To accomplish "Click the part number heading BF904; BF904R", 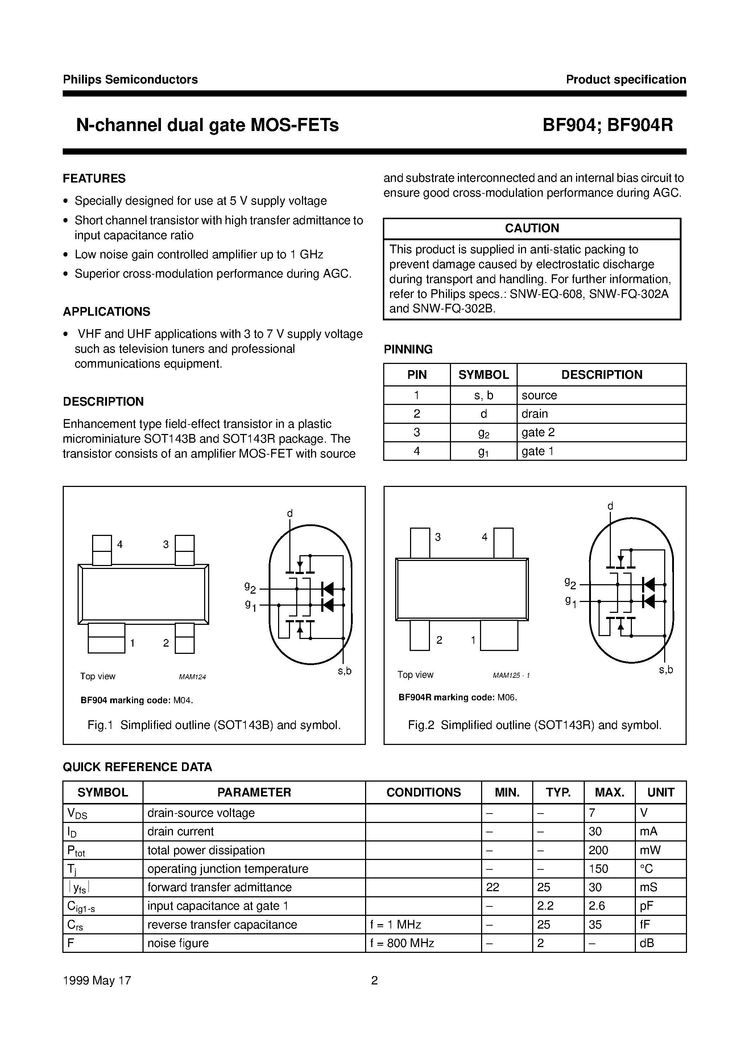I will point(607,125).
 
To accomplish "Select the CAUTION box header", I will point(531,228).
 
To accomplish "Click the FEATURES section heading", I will point(94,179).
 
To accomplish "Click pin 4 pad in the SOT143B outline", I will point(102,550).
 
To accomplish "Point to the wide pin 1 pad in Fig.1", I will point(106,638).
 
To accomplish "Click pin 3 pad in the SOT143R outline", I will point(419,543).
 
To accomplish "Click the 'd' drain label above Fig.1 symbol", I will point(290,513).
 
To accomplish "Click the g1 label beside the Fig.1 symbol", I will point(250,605).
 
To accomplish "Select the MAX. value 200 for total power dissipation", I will point(599,850).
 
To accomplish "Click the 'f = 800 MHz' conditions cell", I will point(402,943).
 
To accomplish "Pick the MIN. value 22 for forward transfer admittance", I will point(493,887).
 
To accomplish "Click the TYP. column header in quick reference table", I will point(558,792).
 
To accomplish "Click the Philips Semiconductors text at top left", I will point(130,79).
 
